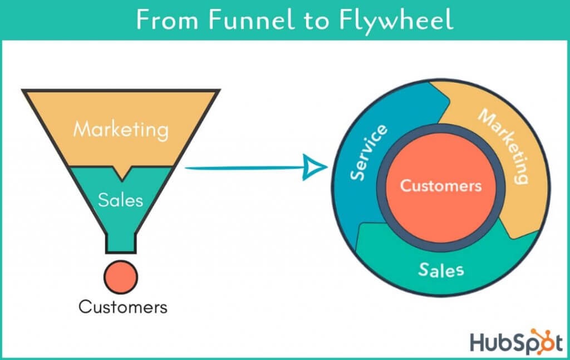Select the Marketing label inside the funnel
pos(121,130)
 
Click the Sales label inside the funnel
pos(120,200)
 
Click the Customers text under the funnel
pos(122,307)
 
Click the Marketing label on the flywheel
pos(504,147)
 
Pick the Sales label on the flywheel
pos(441,270)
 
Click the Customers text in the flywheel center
pos(441,185)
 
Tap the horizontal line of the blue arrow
pos(239,167)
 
